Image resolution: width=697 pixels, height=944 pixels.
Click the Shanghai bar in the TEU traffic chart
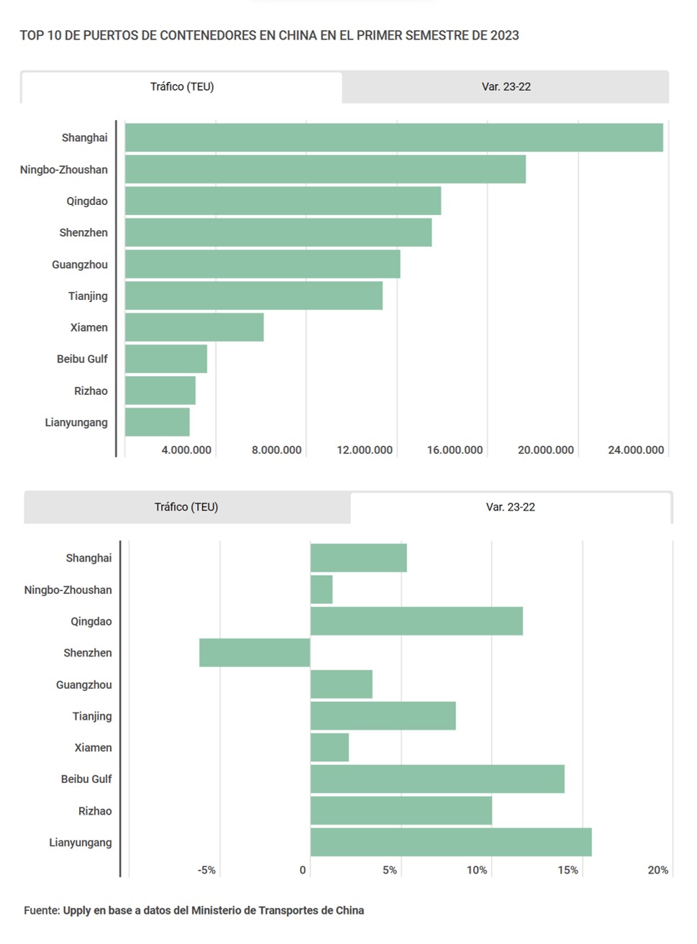(393, 137)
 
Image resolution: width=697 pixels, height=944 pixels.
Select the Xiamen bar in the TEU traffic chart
(194, 327)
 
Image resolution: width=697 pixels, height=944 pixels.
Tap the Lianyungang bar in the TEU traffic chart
(157, 422)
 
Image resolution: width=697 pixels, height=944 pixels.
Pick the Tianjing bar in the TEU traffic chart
(253, 295)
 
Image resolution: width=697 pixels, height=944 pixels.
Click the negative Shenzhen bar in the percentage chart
(255, 653)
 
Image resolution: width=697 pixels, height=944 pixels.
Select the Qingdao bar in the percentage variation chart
(416, 621)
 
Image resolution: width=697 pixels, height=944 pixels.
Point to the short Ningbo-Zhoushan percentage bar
(322, 590)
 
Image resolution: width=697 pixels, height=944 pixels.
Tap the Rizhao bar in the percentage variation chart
(401, 810)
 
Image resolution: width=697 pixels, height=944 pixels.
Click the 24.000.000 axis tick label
(635, 450)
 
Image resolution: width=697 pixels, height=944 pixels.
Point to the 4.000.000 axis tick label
(186, 450)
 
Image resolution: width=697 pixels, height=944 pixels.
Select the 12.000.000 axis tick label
(365, 450)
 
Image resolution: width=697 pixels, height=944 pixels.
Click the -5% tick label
(206, 870)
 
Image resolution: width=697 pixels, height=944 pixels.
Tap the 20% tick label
(657, 870)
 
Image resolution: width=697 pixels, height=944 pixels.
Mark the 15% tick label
(568, 870)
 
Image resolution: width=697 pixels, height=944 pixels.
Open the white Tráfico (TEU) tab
(182, 87)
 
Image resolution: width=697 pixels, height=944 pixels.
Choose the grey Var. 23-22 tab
(506, 87)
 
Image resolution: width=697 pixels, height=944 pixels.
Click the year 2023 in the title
(504, 35)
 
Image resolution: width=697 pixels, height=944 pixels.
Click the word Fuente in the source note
(42, 910)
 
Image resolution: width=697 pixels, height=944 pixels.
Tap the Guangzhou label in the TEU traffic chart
(80, 265)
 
